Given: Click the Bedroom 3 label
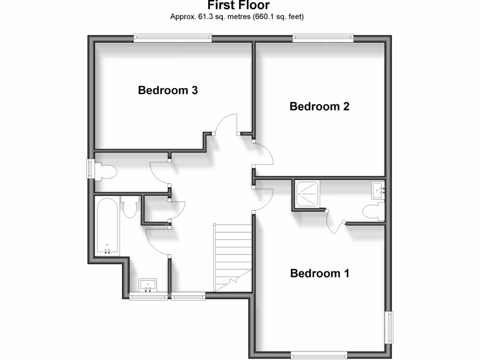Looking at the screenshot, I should tap(167, 90).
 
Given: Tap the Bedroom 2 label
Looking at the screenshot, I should tap(319, 106).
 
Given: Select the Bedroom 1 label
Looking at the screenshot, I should tap(320, 273).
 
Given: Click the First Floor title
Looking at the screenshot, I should tap(239, 6).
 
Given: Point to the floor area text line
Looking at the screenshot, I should tap(237, 17).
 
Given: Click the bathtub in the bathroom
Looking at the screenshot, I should tap(107, 226).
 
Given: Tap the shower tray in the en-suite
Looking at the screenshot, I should tap(307, 192).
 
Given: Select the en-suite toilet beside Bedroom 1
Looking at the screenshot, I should tap(374, 212).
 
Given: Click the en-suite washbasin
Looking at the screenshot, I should tap(378, 190).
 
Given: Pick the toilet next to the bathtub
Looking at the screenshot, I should tap(129, 206).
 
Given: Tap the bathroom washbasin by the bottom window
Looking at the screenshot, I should tap(149, 285).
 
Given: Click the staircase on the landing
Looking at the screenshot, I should tap(233, 253).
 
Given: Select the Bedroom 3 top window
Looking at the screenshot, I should tap(172, 38).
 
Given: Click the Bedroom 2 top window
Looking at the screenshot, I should tap(323, 38).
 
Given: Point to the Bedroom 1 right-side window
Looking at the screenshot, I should tap(389, 327).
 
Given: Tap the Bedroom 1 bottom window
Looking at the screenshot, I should tap(319, 356).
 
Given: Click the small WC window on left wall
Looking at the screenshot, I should tap(90, 169).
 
